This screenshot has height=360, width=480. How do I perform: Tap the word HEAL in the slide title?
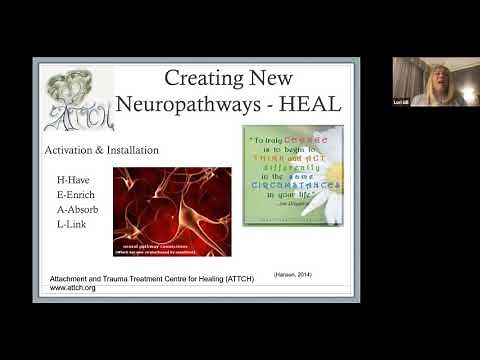[x=313, y=102]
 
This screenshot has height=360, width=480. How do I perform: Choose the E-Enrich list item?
[x=76, y=196]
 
